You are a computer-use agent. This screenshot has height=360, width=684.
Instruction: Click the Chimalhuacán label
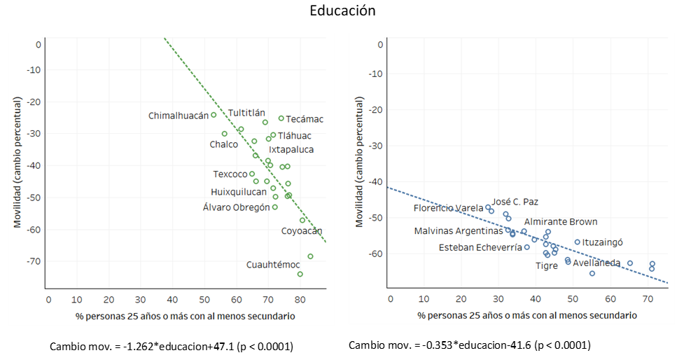click(179, 116)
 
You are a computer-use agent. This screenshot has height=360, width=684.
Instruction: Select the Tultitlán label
click(246, 112)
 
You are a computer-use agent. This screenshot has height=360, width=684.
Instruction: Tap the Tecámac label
click(305, 119)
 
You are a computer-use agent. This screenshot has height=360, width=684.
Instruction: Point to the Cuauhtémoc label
click(273, 265)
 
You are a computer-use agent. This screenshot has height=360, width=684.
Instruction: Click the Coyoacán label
click(302, 231)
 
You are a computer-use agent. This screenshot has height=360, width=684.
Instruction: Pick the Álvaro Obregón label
click(236, 207)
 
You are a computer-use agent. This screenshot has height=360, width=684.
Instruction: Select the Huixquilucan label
click(239, 192)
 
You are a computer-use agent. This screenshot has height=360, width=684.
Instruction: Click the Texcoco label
click(230, 174)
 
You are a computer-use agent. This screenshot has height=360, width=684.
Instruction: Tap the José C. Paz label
click(515, 202)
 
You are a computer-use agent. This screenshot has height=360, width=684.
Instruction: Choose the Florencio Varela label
click(449, 208)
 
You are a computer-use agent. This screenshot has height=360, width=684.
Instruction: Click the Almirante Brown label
click(561, 222)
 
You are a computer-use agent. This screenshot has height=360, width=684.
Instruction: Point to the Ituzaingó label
click(603, 242)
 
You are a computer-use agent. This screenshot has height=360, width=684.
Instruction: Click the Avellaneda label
click(596, 263)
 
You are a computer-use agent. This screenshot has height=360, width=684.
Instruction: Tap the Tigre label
click(547, 265)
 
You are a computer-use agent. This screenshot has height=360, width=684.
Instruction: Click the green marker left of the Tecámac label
click(281, 118)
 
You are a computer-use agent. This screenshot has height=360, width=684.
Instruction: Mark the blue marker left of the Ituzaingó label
click(578, 242)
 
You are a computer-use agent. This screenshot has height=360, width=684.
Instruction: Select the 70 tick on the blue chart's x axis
click(648, 299)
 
